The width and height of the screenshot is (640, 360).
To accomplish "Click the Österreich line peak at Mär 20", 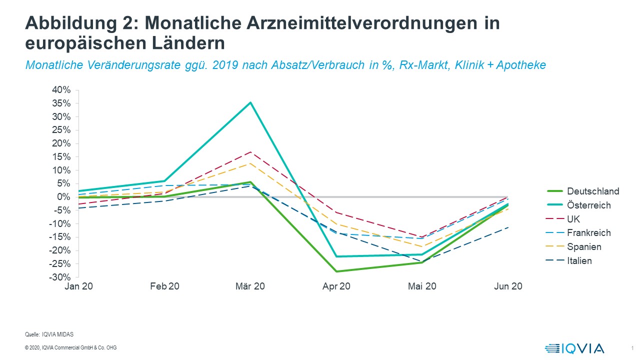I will pos(250,102).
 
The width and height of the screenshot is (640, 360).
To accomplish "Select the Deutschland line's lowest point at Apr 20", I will pos(336,271).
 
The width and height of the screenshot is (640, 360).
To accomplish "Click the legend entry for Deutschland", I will pos(593,191).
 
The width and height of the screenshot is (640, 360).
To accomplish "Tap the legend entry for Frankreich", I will pos(588,232).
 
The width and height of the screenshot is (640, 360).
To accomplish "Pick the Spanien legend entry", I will pos(584,246).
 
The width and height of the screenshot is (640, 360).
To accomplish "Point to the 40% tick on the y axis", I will pos(61,90).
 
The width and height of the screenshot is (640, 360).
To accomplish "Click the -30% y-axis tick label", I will pos(60,277).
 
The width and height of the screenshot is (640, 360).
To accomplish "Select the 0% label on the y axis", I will pos(63,197).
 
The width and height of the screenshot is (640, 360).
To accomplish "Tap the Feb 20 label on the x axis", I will pos(164,286).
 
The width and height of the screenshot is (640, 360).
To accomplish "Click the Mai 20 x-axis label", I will pos(422,286).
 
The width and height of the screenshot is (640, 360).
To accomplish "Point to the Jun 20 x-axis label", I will pos(508,286).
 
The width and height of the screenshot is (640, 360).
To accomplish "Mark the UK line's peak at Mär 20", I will pos(250,152).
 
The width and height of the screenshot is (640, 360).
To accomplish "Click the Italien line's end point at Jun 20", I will pos(508,227).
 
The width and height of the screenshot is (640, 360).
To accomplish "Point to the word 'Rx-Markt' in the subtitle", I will pos(417,65).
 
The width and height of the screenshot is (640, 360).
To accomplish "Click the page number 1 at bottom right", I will pos(632,348).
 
